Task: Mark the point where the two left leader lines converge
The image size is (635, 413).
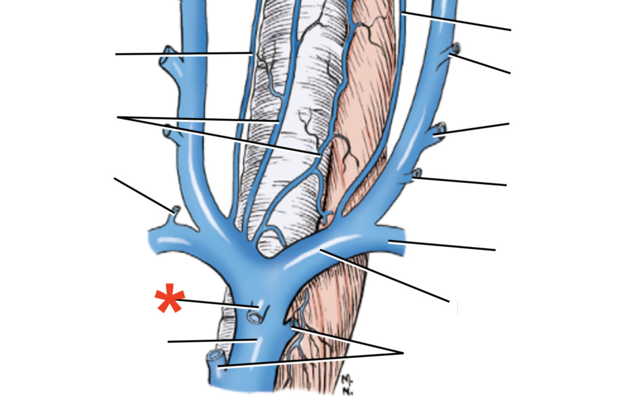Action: [x=118, y=117]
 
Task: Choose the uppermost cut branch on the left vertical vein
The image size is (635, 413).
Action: [x=167, y=51]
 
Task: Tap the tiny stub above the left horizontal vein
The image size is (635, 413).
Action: [x=176, y=210]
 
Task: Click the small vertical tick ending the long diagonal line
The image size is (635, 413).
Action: [x=457, y=307]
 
